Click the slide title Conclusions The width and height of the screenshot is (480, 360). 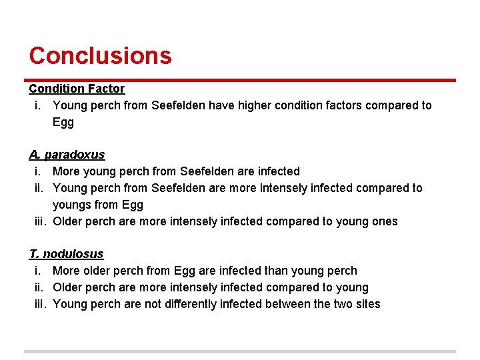pos(100,55)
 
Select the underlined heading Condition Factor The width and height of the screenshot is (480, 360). pos(77,89)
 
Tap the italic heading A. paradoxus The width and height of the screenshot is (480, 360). pos(67,155)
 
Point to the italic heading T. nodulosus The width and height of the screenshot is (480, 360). pos(66,254)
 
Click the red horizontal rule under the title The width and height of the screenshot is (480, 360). pos(240,80)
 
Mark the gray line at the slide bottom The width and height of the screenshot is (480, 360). pos(240,351)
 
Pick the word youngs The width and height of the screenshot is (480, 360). pos(72,205)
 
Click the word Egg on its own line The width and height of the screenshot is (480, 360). pos(63,122)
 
